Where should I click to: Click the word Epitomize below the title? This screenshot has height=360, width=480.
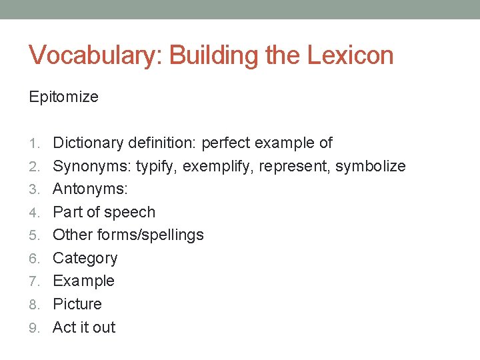63,97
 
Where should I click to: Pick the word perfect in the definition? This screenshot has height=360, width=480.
225,143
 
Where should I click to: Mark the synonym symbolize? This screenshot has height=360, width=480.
370,166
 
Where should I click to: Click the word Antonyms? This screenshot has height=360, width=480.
89,189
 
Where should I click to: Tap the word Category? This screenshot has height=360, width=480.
85,259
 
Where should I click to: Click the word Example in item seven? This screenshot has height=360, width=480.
83,281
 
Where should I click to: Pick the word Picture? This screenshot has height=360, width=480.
77,304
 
